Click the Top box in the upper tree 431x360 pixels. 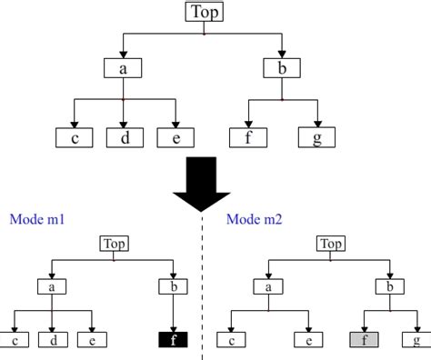click(x=203, y=12)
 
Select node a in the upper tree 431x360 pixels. click(x=123, y=67)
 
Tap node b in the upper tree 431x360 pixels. click(x=282, y=67)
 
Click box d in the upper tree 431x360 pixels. click(x=125, y=138)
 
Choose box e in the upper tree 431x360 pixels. click(x=175, y=138)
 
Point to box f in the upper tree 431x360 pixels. click(x=248, y=138)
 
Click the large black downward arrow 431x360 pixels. click(x=202, y=187)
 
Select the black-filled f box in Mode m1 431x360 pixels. click(x=174, y=341)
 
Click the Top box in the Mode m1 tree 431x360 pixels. click(x=114, y=244)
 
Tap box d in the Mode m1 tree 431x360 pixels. click(x=53, y=341)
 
